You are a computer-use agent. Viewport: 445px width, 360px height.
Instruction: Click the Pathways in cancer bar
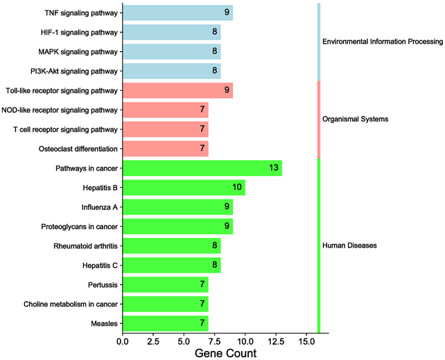[x=202, y=169]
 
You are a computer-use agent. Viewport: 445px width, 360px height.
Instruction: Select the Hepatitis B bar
[x=184, y=188]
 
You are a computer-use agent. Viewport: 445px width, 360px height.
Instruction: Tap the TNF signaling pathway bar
[x=177, y=12]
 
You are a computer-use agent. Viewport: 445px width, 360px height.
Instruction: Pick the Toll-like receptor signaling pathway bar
[x=177, y=90]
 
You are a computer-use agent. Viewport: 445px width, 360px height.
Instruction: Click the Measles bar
[x=165, y=324]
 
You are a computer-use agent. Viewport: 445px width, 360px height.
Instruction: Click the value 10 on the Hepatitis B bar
[x=238, y=188]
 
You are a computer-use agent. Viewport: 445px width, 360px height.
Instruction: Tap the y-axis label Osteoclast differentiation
[x=78, y=149]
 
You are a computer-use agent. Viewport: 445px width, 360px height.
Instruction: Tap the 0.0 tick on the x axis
[x=123, y=341]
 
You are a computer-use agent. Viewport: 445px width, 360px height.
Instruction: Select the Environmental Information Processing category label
[x=382, y=42]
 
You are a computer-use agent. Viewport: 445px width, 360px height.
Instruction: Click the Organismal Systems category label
[x=355, y=119]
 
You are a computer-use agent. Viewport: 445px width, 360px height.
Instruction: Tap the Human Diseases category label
[x=349, y=246]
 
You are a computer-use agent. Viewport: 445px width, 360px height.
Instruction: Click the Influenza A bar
[x=177, y=207]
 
